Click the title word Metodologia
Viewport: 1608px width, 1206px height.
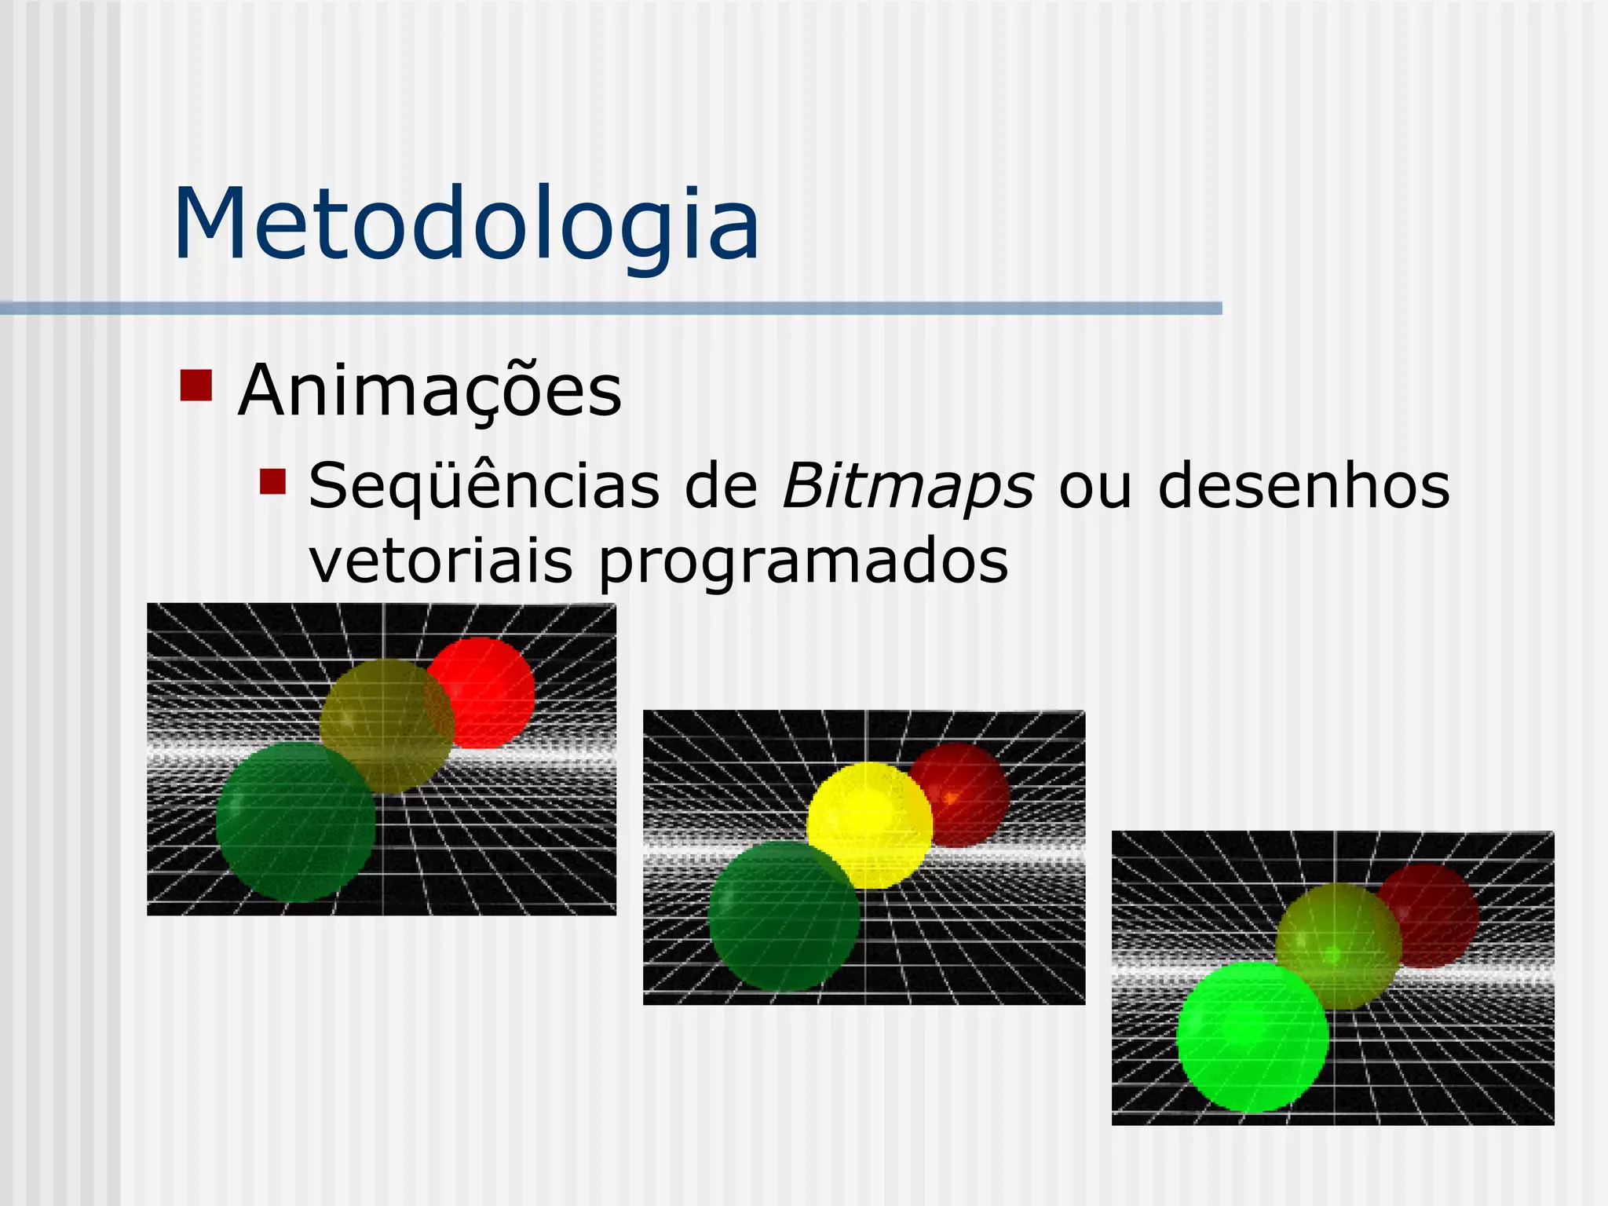(466, 225)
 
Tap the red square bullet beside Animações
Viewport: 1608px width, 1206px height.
(196, 385)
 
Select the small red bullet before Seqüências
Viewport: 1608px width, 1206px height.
(272, 481)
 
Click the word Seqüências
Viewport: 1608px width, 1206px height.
(484, 487)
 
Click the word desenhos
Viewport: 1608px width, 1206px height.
(1303, 487)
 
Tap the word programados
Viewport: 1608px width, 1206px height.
(802, 562)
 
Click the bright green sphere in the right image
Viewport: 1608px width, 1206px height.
(1252, 1036)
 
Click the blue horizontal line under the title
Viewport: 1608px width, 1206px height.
(611, 309)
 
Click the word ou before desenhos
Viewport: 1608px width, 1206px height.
(1095, 487)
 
